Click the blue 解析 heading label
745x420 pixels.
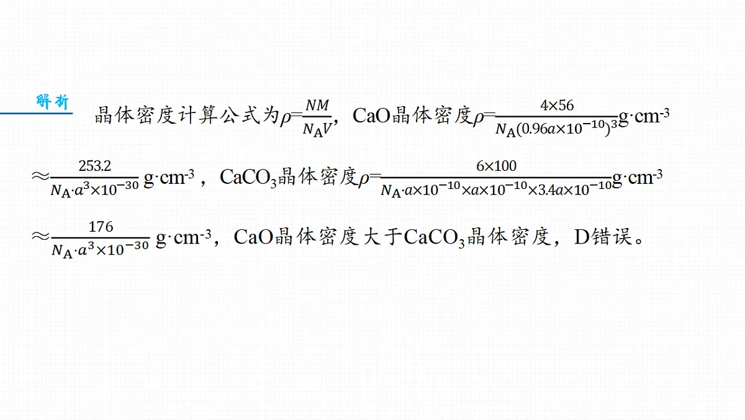(x=53, y=101)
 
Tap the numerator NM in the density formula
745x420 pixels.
(x=317, y=106)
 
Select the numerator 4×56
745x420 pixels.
(x=557, y=106)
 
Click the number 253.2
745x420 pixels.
(x=95, y=166)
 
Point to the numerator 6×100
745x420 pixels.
(x=496, y=166)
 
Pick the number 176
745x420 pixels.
(x=101, y=227)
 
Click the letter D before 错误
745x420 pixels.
(x=582, y=237)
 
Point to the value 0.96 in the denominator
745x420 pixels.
(x=534, y=129)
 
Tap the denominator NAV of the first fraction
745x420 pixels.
(x=317, y=129)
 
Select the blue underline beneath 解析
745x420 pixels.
(x=36, y=114)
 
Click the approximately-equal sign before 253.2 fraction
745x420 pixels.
(x=40, y=176)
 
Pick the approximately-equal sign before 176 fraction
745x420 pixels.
(x=40, y=236)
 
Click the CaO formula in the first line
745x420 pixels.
(x=371, y=116)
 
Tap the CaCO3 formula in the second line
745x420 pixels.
(x=248, y=178)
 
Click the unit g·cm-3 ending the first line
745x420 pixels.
(x=644, y=117)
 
